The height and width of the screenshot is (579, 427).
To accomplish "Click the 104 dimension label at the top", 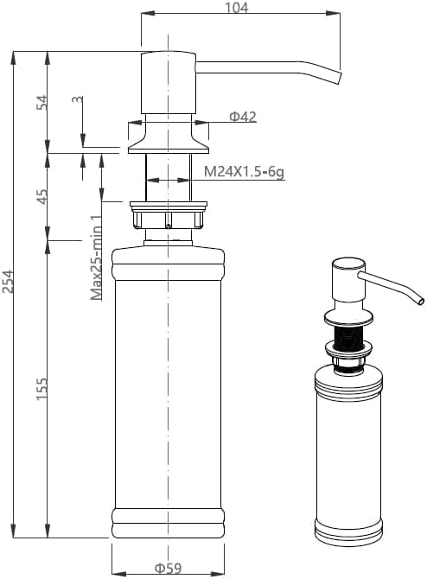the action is pos(236,8).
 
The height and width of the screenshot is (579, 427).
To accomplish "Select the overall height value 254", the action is pos(8,282).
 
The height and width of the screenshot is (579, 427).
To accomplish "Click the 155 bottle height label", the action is pos(41,388).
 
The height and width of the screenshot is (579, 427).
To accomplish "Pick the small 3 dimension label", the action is pos(77,99).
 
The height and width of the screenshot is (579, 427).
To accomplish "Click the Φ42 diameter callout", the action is pos(243,117).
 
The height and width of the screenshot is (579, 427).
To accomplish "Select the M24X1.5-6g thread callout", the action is pos(244,171).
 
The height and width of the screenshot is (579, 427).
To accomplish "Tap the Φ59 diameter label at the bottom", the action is pos(168,568).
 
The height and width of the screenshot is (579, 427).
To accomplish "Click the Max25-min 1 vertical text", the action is pos(96,257).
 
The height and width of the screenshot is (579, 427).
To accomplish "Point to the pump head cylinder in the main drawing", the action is pos(169,83).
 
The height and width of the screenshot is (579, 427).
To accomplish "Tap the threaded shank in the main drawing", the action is pos(169,178).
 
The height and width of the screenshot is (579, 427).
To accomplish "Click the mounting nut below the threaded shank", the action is pos(169,215).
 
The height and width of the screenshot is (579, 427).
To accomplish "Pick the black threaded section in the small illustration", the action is pos(348,338).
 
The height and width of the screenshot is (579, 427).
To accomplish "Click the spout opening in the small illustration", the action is pos(421,302).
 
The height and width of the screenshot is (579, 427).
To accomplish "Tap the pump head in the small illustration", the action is pos(348,279).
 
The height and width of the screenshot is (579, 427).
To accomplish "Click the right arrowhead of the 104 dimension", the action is pos(334,13).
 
